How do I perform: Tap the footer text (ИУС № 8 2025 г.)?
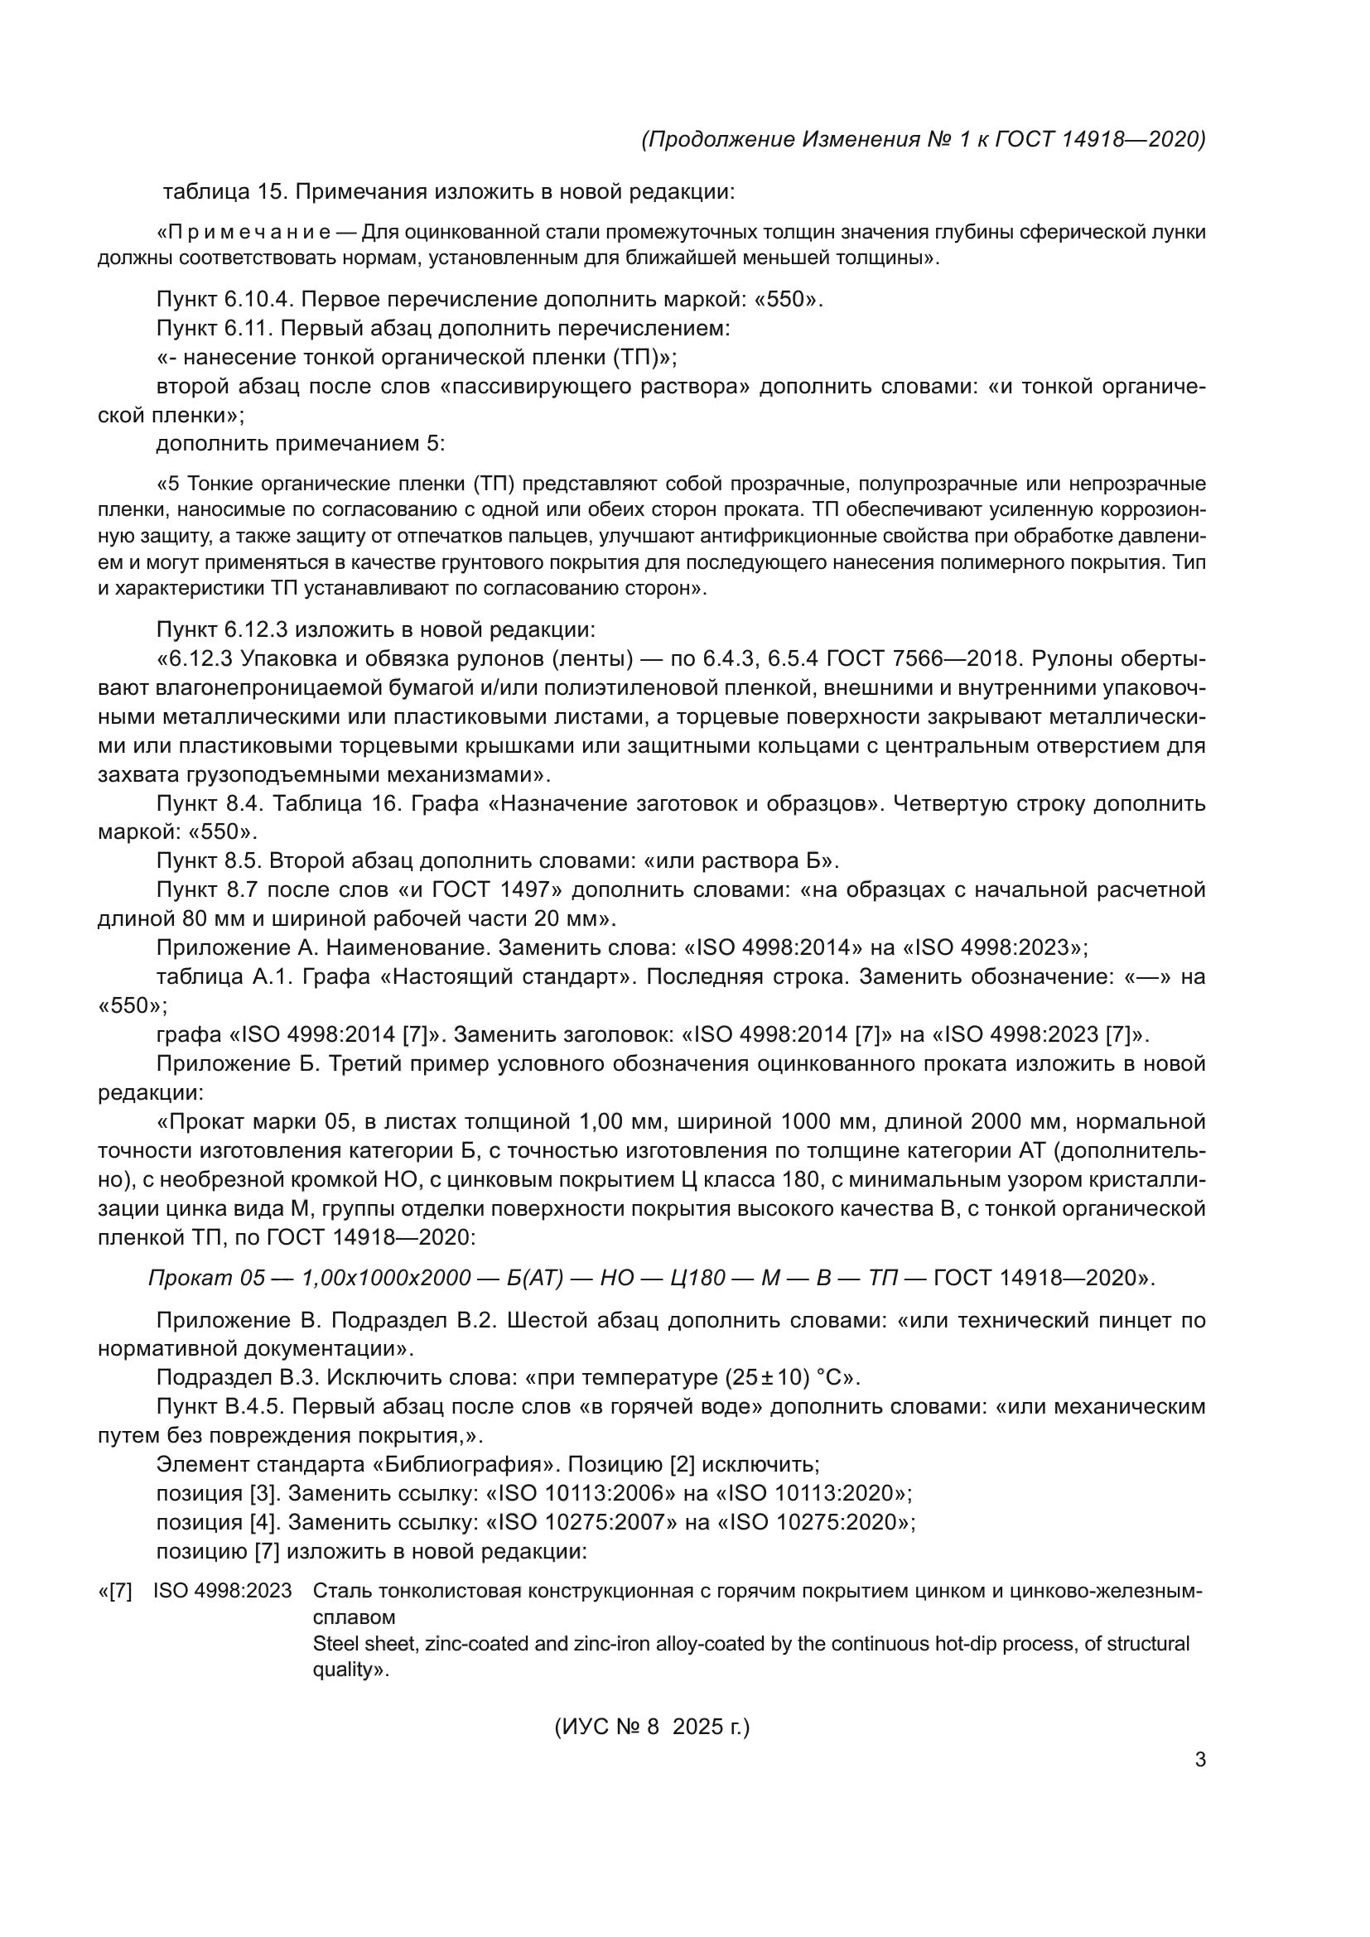coord(652,1727)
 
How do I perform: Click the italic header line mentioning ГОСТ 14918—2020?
coord(923,139)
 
